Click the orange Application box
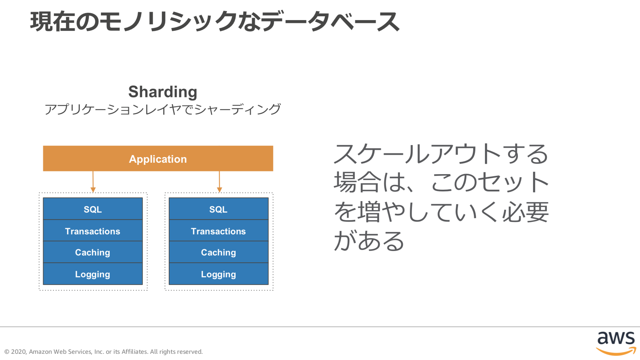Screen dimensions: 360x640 (158, 159)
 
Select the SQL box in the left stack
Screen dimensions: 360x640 (93, 209)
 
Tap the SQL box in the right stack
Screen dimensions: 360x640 (218, 209)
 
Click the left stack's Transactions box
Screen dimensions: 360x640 (93, 231)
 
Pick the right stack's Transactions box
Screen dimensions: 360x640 (218, 231)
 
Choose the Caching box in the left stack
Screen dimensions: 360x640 (93, 252)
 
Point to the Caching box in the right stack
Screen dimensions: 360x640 (218, 252)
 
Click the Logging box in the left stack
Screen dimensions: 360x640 (93, 274)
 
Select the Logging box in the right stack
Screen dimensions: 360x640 (218, 274)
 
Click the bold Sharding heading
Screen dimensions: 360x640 (163, 92)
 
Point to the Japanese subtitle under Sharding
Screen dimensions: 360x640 (163, 109)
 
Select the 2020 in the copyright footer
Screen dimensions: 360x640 (19, 352)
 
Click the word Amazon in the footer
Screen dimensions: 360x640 (40, 352)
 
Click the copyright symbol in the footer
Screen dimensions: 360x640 (7, 352)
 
